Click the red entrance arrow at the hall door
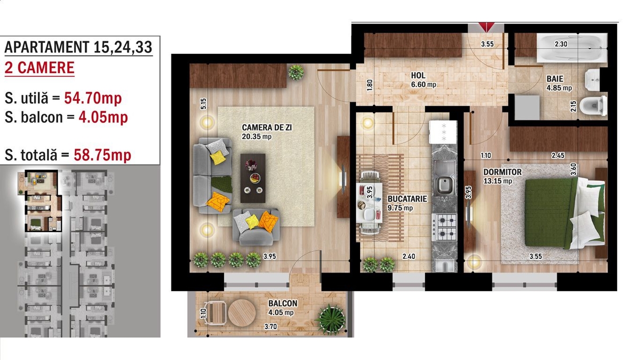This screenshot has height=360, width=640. pyautogui.click(x=487, y=27)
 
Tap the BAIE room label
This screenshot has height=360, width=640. pyautogui.click(x=555, y=79)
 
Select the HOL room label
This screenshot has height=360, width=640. pyautogui.click(x=418, y=75)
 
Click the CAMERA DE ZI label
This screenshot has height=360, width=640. pyautogui.click(x=267, y=127)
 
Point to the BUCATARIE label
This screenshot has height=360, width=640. pyautogui.click(x=407, y=199)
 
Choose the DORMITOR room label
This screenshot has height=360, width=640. pyautogui.click(x=502, y=172)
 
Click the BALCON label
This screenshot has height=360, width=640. pyautogui.click(x=283, y=303)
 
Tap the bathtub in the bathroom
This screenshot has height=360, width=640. pyautogui.click(x=572, y=47)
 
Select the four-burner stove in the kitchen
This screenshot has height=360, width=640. pyautogui.click(x=444, y=227)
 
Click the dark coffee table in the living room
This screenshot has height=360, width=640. pyautogui.click(x=253, y=178)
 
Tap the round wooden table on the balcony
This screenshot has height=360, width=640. pyautogui.click(x=242, y=313)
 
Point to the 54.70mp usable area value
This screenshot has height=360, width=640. pyautogui.click(x=93, y=98)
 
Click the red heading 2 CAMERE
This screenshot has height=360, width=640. pyautogui.click(x=39, y=68)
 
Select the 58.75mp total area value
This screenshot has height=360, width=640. pyautogui.click(x=102, y=155)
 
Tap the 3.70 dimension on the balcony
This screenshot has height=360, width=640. pyautogui.click(x=270, y=326)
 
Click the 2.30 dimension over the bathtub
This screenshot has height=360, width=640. pyautogui.click(x=561, y=44)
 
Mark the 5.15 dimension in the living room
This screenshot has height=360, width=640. pyautogui.click(x=203, y=103)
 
